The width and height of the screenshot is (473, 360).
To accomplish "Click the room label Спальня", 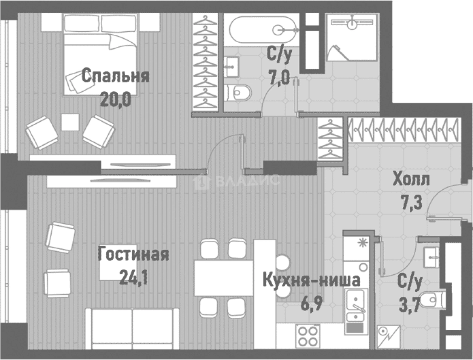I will pyautogui.click(x=115, y=76).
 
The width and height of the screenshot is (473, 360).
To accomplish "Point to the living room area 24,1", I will pyautogui.click(x=132, y=278).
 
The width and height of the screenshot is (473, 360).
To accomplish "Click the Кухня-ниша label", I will pyautogui.click(x=311, y=281).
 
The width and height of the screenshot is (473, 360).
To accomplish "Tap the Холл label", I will pyautogui.click(x=411, y=179).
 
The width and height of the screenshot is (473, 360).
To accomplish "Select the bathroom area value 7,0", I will pyautogui.click(x=279, y=79).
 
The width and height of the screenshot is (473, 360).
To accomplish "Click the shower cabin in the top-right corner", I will pyautogui.click(x=352, y=37).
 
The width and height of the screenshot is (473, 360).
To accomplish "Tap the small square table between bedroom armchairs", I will pyautogui.click(x=70, y=122).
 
